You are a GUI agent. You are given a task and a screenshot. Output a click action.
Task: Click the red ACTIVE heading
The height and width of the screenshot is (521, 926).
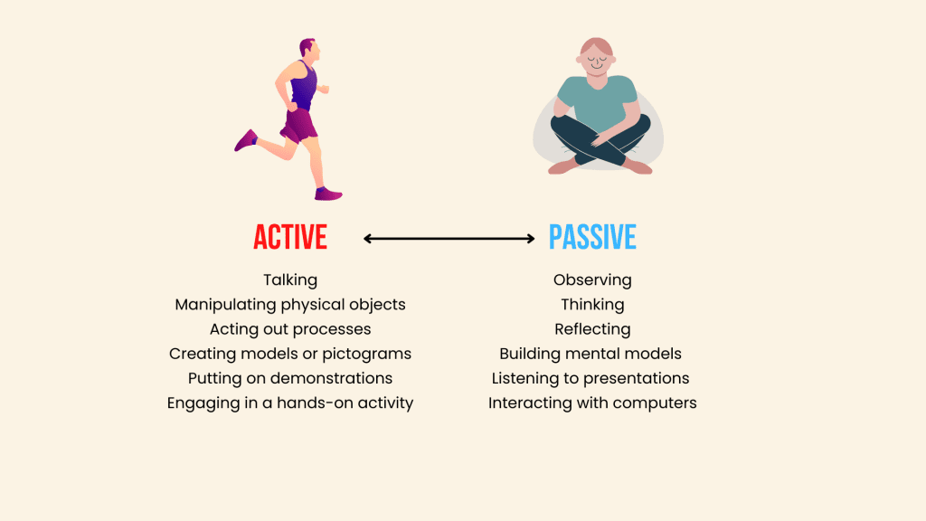290,238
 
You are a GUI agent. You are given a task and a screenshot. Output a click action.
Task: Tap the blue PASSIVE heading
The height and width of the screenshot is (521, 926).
592,238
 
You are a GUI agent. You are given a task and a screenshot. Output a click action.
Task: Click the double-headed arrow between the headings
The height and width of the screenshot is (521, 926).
449,239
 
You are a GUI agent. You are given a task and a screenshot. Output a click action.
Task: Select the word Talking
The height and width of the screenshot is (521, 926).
290,280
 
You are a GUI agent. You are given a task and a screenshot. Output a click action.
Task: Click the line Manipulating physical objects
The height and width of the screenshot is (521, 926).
290,305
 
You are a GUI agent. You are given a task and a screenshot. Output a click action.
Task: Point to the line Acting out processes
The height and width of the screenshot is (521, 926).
290,329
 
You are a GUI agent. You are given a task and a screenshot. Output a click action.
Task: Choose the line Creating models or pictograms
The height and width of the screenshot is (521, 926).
290,354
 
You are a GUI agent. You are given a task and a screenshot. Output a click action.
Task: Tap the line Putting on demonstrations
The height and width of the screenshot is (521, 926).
290,378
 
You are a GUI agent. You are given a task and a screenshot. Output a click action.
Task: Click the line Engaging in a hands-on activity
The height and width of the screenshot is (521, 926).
290,403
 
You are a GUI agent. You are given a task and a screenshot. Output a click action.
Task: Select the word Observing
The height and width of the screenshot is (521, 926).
592,280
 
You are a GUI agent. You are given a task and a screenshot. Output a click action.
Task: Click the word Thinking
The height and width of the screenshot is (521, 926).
592,305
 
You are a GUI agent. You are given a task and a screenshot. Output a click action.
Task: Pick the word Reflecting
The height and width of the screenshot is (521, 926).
592,329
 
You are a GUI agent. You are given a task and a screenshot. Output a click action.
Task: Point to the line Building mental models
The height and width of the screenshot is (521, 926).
591,354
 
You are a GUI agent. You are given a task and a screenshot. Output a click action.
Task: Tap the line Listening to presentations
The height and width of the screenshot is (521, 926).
591,378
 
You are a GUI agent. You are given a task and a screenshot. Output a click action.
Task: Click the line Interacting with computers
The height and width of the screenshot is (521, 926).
592,403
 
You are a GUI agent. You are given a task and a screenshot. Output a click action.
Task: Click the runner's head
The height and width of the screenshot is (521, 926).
310,49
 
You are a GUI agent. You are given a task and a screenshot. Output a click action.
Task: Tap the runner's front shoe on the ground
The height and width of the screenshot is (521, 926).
327,194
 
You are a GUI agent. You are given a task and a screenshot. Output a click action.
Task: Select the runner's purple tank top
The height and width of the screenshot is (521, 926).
304,86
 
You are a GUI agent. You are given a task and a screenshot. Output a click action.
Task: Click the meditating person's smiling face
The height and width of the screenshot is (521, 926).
597,59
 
